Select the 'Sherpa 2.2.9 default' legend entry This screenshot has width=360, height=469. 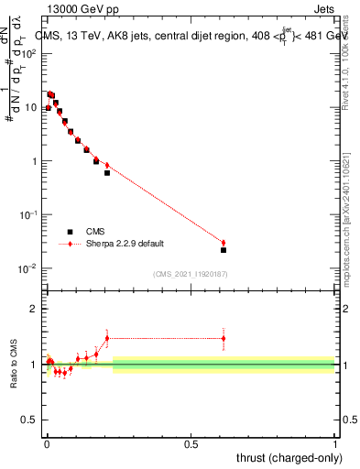[x=110, y=245]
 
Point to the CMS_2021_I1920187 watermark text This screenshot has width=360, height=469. [x=190, y=273]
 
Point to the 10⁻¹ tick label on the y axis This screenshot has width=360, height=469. [x=28, y=214]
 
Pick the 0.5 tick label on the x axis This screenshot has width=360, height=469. [x=191, y=443]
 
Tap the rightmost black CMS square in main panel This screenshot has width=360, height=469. [x=224, y=250]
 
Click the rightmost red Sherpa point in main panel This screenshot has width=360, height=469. [x=224, y=243]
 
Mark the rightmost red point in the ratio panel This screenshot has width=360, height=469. [x=224, y=338]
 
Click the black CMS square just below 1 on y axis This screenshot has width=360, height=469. [x=107, y=172]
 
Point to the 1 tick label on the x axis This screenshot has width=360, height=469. [x=335, y=443]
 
